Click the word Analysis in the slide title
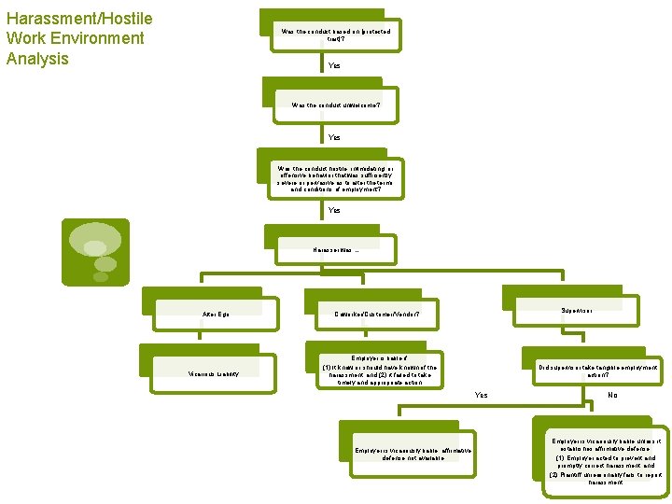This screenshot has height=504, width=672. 37,59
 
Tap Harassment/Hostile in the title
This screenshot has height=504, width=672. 79,19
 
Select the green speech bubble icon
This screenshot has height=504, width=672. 95,252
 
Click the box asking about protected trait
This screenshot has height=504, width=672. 336,35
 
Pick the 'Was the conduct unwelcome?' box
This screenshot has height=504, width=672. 336,105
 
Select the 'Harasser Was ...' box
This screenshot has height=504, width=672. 336,250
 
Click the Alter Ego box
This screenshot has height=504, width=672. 216,314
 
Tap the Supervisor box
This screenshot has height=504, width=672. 576,309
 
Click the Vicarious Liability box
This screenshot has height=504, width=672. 216,374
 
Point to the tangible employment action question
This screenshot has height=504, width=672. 598,371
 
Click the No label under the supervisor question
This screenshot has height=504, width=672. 612,395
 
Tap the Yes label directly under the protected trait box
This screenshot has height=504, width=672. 334,66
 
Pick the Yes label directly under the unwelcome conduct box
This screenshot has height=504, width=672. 334,137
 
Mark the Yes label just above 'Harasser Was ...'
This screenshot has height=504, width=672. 334,210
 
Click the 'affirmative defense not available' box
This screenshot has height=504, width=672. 413,454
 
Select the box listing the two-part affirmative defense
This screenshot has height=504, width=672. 608,460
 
